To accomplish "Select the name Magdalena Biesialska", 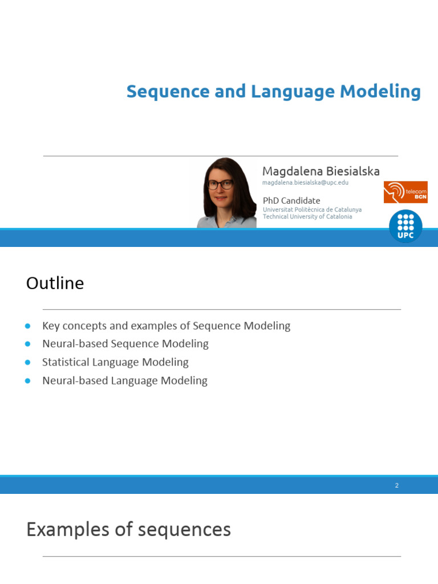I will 321,171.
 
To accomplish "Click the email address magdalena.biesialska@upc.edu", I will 305,183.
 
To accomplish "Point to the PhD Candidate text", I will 291,200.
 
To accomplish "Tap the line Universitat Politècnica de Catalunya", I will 312,210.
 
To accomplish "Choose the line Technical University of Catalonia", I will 307,217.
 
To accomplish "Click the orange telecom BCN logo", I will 405,192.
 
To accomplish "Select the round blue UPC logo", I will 405,226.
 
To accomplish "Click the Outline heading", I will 55,283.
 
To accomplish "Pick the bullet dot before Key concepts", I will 27,326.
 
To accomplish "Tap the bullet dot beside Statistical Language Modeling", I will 27,362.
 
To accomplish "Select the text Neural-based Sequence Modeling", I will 125,344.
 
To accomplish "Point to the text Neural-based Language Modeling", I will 125,380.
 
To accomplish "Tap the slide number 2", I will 396,485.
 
